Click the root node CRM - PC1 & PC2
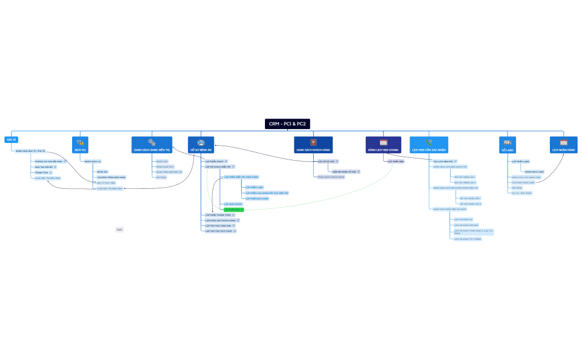point(287,124)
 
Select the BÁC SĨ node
point(11,140)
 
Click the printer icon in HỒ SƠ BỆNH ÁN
point(201,142)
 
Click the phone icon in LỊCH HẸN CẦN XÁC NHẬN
point(428,142)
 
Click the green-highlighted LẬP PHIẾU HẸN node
point(233,210)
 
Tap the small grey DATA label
point(119,229)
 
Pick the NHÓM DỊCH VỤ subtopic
point(93,161)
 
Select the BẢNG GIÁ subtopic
point(102,172)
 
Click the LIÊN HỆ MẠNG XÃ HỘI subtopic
point(344,172)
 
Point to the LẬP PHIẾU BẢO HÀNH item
point(257,198)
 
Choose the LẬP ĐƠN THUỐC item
point(233,204)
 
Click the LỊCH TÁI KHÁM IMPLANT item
point(466,225)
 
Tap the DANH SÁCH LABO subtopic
point(534,172)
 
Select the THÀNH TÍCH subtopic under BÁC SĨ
point(42,173)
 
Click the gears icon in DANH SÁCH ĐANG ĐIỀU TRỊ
point(151,142)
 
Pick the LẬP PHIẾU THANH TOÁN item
point(218,215)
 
